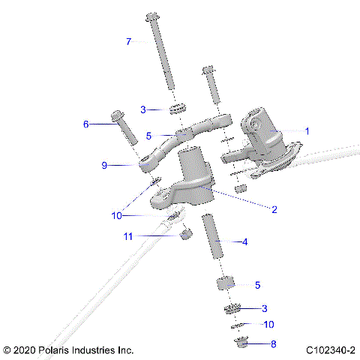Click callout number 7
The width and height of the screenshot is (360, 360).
coord(128,42)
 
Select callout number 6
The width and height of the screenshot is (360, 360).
coord(86,124)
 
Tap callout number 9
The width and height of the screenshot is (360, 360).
coord(105,165)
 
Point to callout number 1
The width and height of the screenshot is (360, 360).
coord(307,130)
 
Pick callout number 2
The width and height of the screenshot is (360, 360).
coord(274,210)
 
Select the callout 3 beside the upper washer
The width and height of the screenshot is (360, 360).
coord(143,109)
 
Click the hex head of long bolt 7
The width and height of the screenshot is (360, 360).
coord(152,16)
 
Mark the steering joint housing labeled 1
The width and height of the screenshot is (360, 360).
coord(259,129)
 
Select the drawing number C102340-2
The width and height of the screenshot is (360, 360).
coord(330,350)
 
